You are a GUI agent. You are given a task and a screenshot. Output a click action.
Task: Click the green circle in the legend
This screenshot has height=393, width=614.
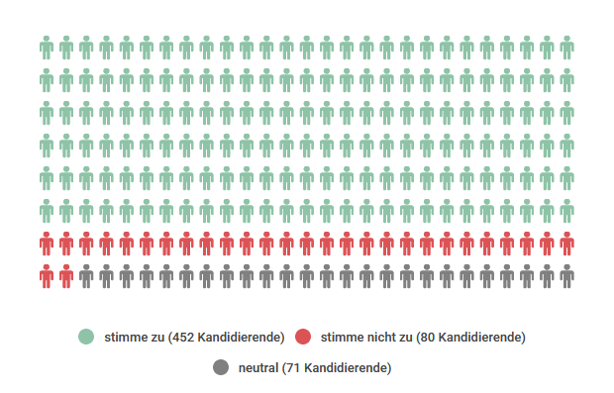pyautogui.click(x=86, y=337)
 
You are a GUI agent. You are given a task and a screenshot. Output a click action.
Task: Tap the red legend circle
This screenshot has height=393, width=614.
pyautogui.click(x=304, y=337)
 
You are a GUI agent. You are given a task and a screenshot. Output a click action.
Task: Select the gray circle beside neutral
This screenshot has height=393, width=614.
pyautogui.click(x=221, y=368)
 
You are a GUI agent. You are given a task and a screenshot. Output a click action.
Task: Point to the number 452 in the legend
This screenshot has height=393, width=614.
pyautogui.click(x=182, y=337)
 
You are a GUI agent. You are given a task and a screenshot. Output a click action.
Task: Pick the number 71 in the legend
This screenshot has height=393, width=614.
pyautogui.click(x=293, y=368)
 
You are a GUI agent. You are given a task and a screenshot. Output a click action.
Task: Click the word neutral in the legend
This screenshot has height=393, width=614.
pyautogui.click(x=257, y=368)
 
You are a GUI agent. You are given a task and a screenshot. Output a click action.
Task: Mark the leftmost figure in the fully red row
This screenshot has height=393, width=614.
pyautogui.click(x=47, y=244)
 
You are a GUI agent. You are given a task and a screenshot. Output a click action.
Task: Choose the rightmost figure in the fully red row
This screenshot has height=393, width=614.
pyautogui.click(x=566, y=244)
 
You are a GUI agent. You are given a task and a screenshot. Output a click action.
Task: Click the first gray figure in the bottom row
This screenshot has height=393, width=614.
pyautogui.click(x=86, y=276)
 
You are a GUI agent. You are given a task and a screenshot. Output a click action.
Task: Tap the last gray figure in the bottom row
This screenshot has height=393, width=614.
pyautogui.click(x=566, y=276)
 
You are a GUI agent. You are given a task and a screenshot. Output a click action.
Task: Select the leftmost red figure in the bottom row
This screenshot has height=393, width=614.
pyautogui.click(x=47, y=276)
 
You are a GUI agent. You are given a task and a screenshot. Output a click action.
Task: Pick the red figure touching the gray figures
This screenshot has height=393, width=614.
pyautogui.click(x=66, y=276)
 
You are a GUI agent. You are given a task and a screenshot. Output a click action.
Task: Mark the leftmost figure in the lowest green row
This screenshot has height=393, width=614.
pyautogui.click(x=47, y=211)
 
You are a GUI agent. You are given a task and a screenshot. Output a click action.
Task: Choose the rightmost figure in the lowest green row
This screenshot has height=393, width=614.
pyautogui.click(x=566, y=211)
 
